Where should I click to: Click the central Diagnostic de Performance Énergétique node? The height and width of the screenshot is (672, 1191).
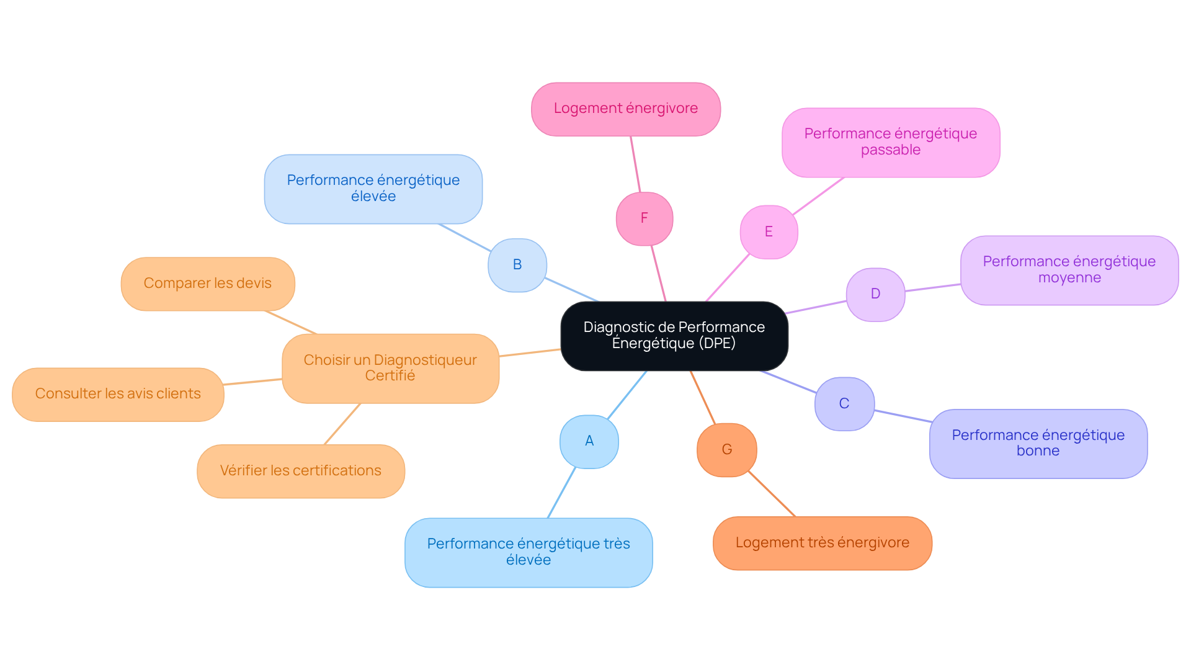point(674,336)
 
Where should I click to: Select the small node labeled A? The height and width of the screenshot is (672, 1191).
point(589,441)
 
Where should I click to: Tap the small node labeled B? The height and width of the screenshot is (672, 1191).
point(517,265)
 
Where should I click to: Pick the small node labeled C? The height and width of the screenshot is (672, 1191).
point(844,403)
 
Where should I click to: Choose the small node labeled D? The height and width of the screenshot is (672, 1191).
point(875,294)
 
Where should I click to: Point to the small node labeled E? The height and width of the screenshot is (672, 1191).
point(769,232)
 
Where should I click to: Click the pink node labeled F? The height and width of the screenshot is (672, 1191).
point(645,218)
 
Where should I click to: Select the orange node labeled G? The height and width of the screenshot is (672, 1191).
point(727,450)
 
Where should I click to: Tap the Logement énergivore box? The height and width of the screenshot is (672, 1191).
point(626,109)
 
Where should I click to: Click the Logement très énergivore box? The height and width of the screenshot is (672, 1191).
point(823,543)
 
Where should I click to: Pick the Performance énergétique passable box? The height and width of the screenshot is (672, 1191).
point(891,143)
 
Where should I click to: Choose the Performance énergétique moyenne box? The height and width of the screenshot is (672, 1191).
point(1069,270)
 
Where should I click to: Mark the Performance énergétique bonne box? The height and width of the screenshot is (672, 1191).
point(1038,444)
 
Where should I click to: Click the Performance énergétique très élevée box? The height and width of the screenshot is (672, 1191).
point(529,552)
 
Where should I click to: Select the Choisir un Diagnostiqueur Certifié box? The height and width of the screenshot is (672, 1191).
point(391,369)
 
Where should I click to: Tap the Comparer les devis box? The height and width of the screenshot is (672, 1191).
point(208,284)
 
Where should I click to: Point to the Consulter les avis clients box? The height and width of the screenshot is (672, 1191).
point(118,395)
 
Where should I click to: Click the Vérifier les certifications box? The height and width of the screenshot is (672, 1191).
point(301,471)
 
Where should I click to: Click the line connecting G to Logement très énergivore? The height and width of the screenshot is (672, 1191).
point(772,493)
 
